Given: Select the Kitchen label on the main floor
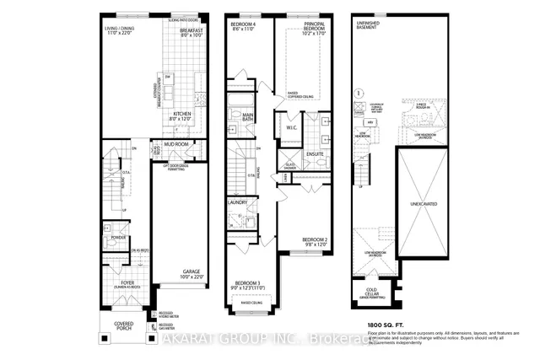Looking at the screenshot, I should click(183, 116).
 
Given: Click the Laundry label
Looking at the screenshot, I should click(237, 202).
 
